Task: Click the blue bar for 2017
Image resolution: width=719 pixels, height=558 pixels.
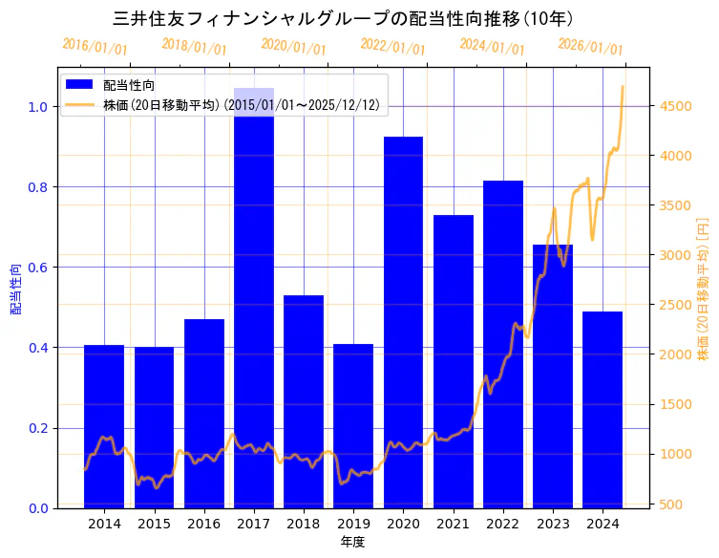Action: [x=254, y=306]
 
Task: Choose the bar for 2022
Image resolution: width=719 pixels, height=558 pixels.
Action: [x=503, y=344]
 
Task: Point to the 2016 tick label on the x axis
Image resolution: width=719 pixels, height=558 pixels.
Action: [x=204, y=524]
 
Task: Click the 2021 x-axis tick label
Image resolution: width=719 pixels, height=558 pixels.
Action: [x=454, y=524]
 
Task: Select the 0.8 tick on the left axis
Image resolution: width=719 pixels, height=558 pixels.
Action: [x=37, y=187]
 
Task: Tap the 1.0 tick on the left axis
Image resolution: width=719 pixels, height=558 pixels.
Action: [x=37, y=107]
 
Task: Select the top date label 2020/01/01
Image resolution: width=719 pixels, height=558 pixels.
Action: [x=293, y=47]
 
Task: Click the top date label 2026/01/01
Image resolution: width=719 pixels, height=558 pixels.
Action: [x=590, y=47]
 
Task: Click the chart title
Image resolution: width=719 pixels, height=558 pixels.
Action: [x=343, y=18]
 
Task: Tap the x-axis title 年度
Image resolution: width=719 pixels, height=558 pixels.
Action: [x=352, y=542]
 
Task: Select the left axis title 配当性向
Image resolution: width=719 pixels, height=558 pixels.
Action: [x=15, y=289]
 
